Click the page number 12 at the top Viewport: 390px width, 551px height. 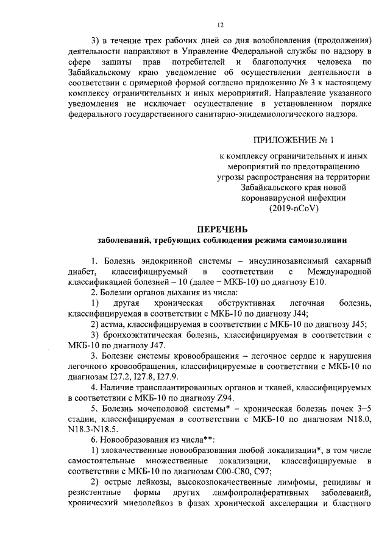(221, 26)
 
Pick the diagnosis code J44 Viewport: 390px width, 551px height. (298, 314)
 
